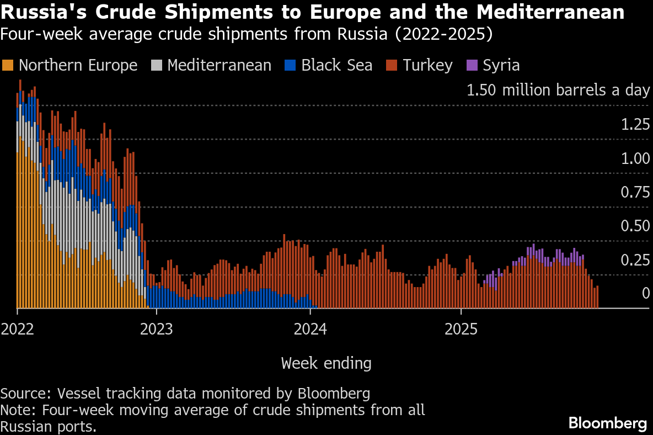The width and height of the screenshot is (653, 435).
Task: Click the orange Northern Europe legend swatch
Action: pyautogui.click(x=8, y=65)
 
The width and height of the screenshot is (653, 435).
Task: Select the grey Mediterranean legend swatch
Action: pyautogui.click(x=157, y=65)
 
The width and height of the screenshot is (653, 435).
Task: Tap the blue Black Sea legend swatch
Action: pyautogui.click(x=290, y=65)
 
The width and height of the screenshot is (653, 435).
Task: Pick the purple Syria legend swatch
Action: pyautogui.click(x=472, y=65)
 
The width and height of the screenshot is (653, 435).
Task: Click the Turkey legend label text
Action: pyautogui.click(x=427, y=65)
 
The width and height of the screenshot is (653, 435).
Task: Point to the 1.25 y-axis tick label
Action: pyautogui.click(x=635, y=124)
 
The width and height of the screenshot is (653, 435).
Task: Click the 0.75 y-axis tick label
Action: pyautogui.click(x=635, y=192)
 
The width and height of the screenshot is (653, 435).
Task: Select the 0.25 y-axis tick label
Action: pyautogui.click(x=635, y=260)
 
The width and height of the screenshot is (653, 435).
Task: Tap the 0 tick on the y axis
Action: pyautogui.click(x=646, y=294)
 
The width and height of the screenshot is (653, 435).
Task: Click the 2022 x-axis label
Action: pyautogui.click(x=17, y=330)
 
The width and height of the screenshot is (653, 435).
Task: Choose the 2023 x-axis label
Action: pyautogui.click(x=156, y=330)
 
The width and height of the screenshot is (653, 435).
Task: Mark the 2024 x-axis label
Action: pyautogui.click(x=310, y=330)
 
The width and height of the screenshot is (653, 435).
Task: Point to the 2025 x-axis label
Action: pyautogui.click(x=461, y=330)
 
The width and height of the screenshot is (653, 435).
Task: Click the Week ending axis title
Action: pyautogui.click(x=326, y=363)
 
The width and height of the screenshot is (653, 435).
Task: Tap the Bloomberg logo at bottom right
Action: pyautogui.click(x=608, y=423)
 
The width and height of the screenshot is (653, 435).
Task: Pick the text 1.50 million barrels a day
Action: pyautogui.click(x=558, y=90)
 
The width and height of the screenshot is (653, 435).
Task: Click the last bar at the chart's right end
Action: pyautogui.click(x=597, y=297)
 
